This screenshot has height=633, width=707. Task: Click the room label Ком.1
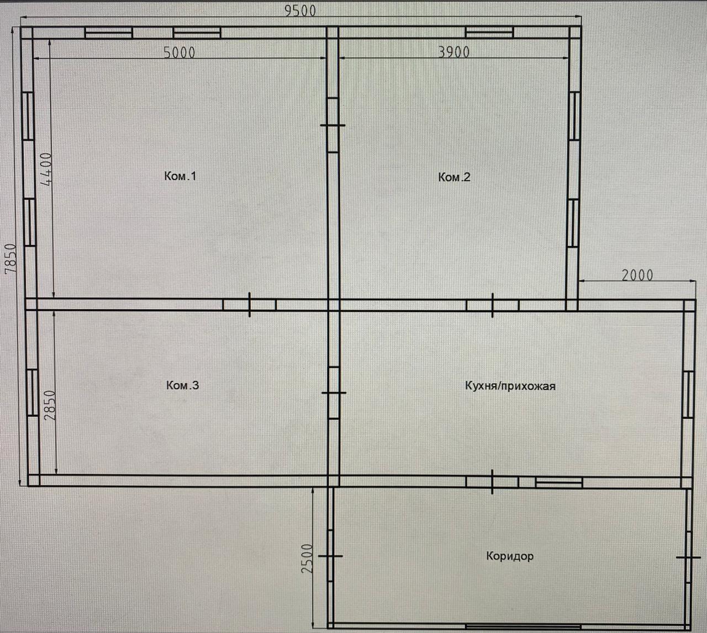tap(180, 176)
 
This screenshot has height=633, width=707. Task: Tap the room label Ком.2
tap(454, 177)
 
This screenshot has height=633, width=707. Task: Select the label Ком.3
tap(182, 385)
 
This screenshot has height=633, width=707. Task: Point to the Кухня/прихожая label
tap(510, 386)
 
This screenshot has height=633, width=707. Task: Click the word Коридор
tap(510, 556)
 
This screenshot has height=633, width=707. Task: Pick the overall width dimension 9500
tap(300, 10)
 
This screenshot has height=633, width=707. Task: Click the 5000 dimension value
tap(180, 52)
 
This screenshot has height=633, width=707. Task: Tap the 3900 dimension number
tap(453, 52)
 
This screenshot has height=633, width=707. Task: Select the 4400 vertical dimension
tap(46, 168)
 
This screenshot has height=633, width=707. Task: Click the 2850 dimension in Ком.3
tap(50, 405)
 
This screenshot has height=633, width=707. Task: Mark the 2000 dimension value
tap(637, 275)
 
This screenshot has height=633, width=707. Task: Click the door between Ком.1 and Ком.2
tap(333, 125)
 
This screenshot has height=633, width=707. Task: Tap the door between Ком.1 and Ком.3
tap(250, 305)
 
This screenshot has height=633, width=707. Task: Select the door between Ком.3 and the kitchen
tap(333, 393)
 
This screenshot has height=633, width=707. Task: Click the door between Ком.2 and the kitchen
tap(492, 305)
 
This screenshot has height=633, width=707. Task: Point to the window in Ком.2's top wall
tap(489, 33)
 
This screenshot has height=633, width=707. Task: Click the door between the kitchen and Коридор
tap(492, 482)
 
